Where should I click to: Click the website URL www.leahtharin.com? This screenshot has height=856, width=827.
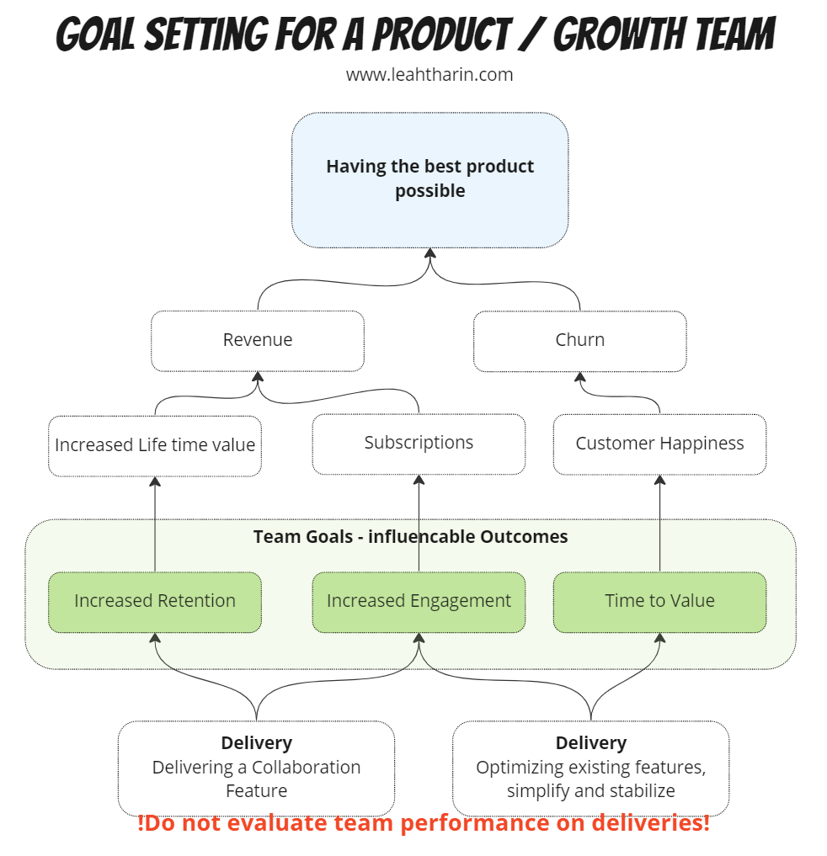point(430,75)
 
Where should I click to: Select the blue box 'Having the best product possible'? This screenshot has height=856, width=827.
point(430,179)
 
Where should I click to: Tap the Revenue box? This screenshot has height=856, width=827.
point(258,340)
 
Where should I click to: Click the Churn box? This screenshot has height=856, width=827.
point(579,340)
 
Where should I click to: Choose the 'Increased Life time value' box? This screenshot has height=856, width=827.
point(155,444)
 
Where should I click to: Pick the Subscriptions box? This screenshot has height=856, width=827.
point(419,443)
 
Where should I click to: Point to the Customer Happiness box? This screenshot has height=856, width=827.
point(659,444)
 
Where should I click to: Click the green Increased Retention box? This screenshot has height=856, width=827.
point(155,601)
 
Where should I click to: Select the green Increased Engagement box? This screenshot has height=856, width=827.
point(419,601)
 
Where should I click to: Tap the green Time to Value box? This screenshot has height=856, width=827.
point(659,601)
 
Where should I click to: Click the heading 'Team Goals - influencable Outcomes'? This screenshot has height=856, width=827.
point(410,537)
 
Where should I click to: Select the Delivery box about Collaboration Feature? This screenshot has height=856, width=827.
point(256,767)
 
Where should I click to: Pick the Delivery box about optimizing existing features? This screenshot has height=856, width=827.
point(590,767)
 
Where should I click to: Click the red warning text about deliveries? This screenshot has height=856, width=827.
point(424,823)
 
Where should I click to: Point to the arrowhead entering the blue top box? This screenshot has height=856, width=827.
point(430,253)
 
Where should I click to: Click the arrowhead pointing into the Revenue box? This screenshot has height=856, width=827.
point(258,377)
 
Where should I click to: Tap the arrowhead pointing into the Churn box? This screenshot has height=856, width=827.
point(579,377)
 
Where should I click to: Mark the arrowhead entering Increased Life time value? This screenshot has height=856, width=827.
point(155,481)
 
